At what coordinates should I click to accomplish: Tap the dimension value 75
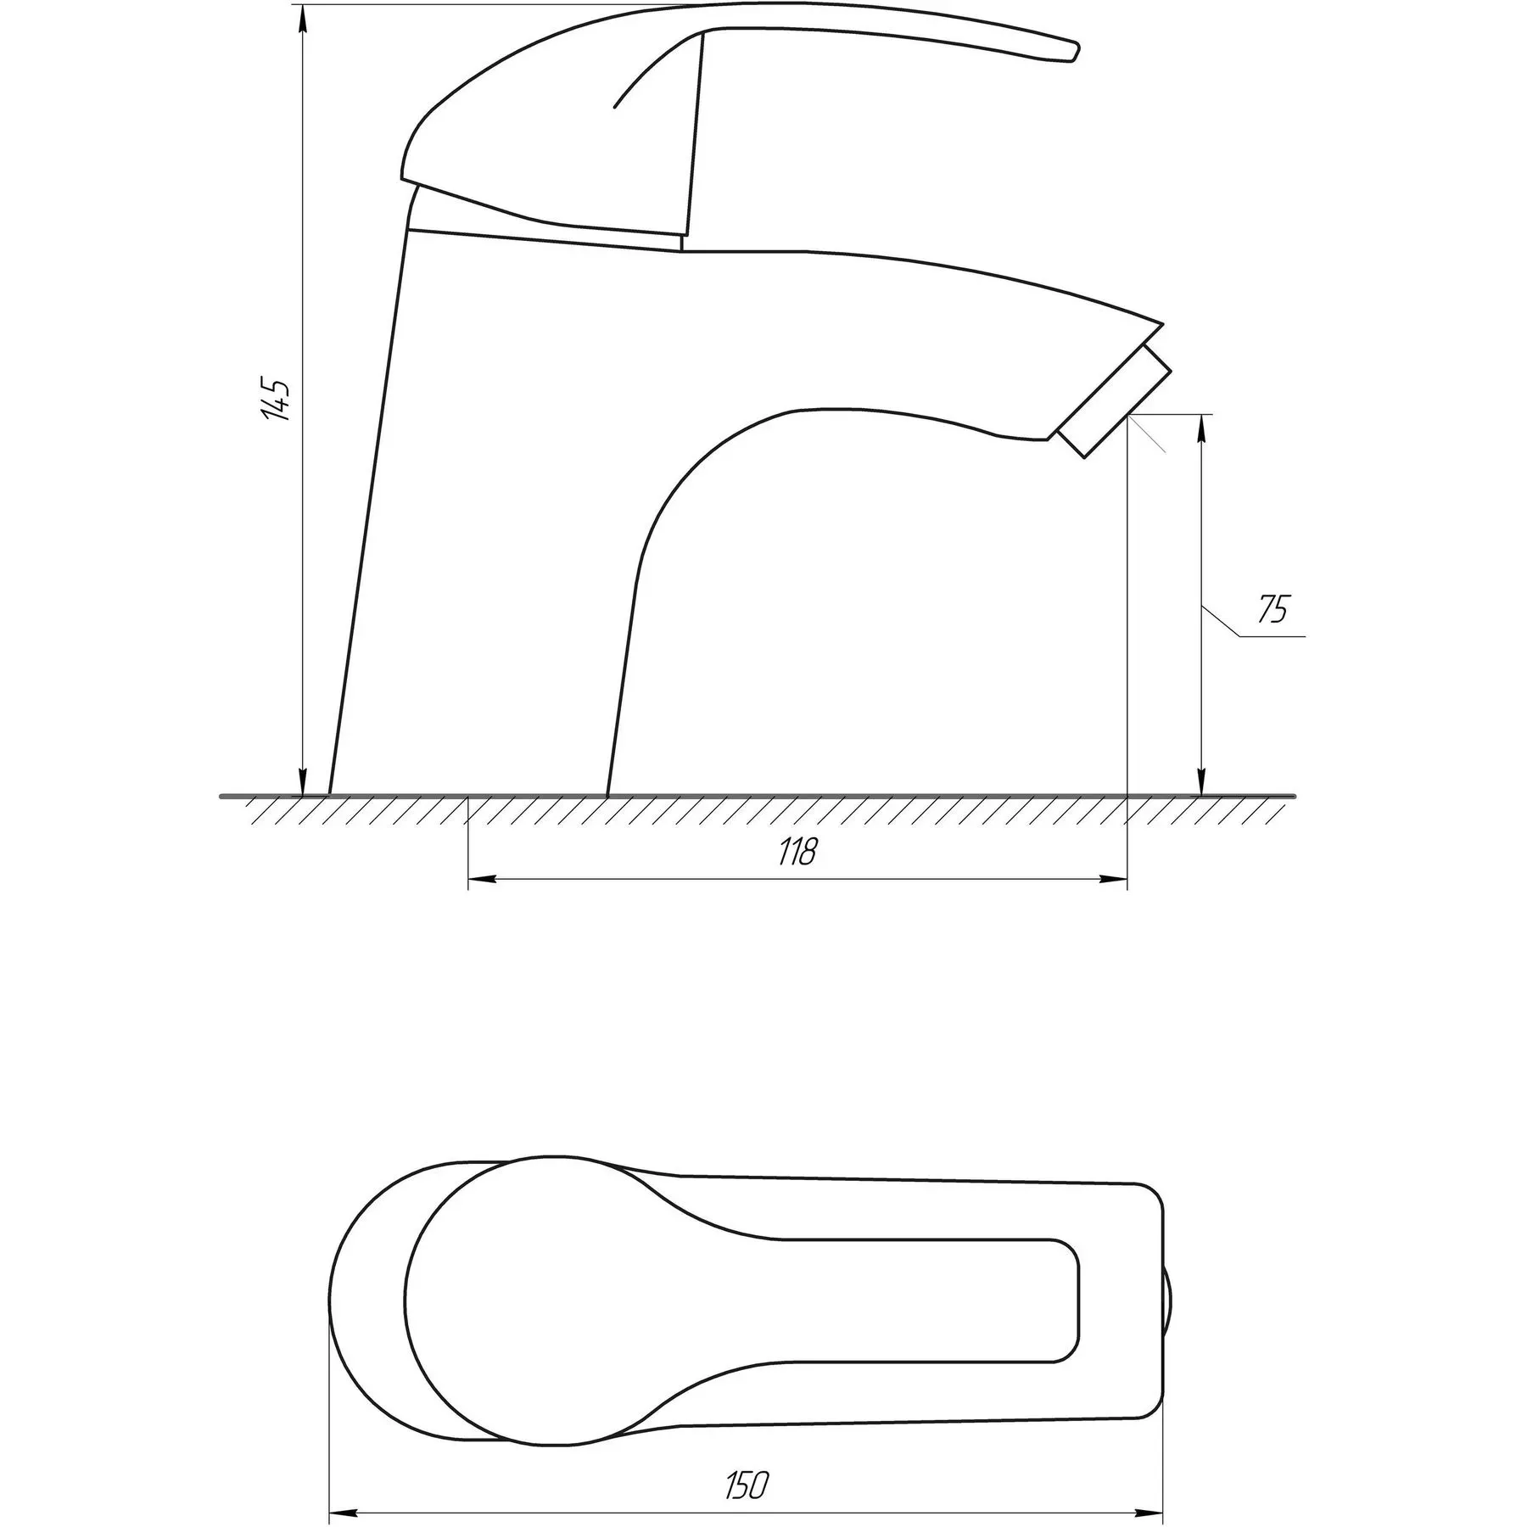[x=1272, y=610]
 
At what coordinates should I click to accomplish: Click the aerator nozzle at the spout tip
[x=1116, y=401]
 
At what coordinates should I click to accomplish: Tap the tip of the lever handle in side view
[x=1076, y=51]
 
